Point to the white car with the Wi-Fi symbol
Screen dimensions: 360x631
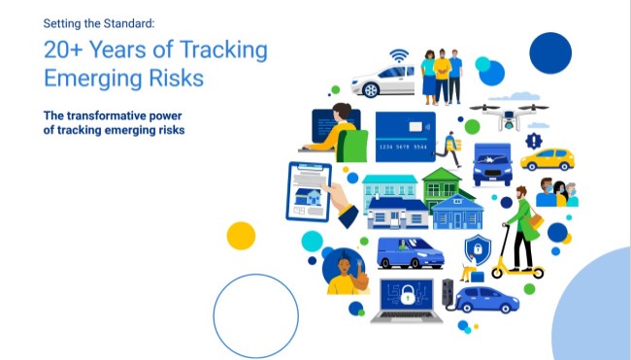pos(382,82)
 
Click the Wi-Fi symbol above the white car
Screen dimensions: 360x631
pos(398,55)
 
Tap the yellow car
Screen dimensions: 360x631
pos(548,158)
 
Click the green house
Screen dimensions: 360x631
pos(448,183)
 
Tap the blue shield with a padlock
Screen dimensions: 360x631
pos(477,249)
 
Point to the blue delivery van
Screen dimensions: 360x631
pos(409,252)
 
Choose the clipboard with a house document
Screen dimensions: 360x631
pos(308,190)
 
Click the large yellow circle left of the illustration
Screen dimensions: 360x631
pos(241,236)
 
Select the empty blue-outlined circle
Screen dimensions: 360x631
pos(255,315)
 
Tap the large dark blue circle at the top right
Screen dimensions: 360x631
pos(550,52)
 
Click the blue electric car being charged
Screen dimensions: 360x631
pos(487,298)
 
